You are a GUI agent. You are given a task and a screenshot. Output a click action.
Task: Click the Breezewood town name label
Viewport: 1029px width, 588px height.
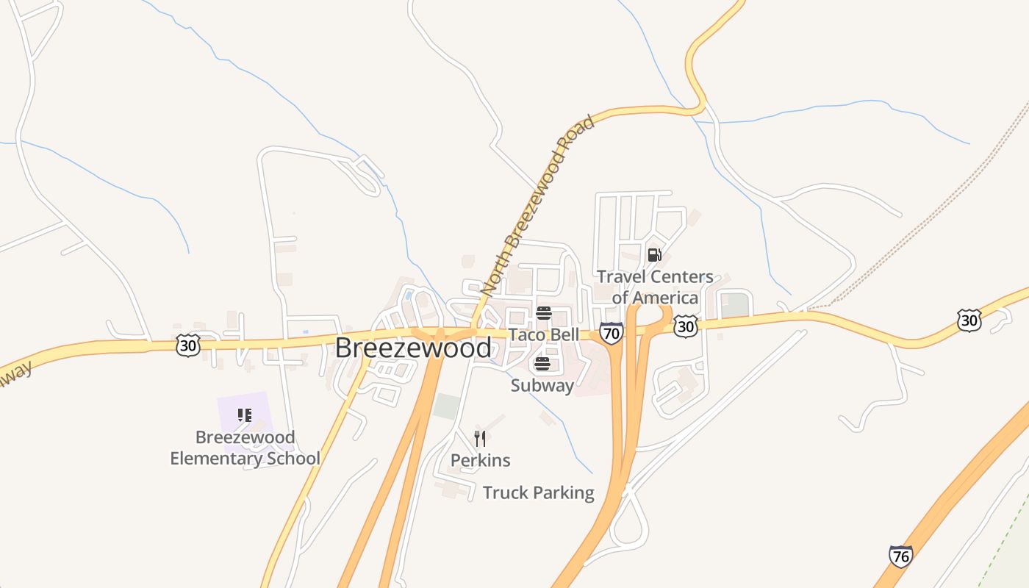413,348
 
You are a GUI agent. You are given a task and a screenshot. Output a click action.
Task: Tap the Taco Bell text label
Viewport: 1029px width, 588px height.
544,334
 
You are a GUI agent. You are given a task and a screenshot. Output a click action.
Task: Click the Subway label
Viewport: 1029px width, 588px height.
542,385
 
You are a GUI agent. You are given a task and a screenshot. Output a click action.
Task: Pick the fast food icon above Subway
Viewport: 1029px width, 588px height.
542,364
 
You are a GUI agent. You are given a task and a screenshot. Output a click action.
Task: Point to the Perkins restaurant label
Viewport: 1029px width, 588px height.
480,460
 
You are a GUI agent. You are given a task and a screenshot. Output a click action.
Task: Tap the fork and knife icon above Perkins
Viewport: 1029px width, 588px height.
480,439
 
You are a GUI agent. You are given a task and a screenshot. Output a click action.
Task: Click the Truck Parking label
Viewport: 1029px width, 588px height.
538,492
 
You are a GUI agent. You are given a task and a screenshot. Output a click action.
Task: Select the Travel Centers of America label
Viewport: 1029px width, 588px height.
655,287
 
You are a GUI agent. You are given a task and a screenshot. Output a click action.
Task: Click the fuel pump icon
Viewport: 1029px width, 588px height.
654,255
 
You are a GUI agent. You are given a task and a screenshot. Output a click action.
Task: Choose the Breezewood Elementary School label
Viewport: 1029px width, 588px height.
245,448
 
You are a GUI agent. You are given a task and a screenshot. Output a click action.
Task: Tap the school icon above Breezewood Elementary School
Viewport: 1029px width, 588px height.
245,415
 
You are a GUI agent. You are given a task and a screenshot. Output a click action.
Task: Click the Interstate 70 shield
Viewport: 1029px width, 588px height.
611,333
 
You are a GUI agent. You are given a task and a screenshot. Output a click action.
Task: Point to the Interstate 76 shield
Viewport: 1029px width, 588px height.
900,556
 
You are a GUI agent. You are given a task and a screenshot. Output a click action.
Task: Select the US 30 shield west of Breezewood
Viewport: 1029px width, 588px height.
188,345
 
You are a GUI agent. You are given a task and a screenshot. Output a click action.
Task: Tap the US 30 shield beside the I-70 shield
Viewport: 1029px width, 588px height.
685,326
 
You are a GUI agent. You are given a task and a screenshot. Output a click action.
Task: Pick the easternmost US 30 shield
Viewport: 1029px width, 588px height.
969,320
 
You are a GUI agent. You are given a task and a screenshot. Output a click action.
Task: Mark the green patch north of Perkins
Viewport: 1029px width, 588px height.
446,406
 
